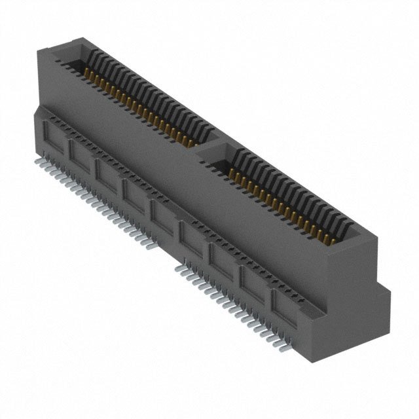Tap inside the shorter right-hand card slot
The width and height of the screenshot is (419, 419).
point(282,190)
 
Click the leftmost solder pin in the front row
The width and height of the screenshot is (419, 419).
point(36,160)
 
